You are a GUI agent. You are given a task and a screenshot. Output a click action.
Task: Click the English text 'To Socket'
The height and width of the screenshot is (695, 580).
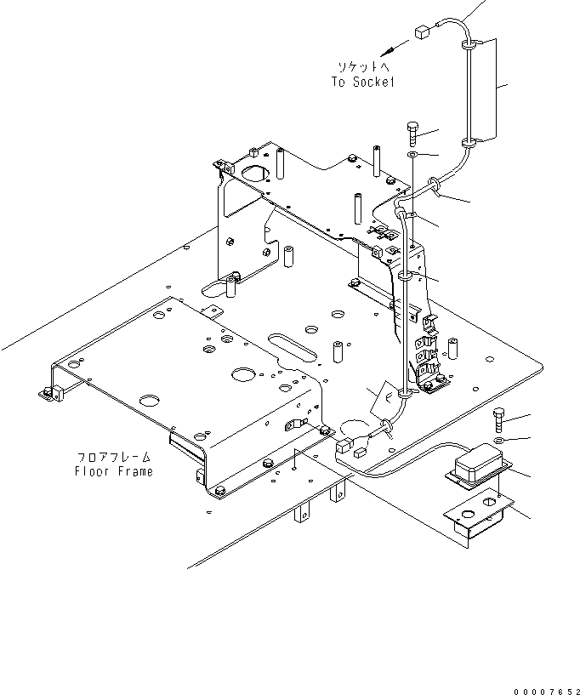click(x=363, y=82)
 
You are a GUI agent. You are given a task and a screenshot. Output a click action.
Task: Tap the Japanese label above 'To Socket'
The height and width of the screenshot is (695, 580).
click(x=363, y=66)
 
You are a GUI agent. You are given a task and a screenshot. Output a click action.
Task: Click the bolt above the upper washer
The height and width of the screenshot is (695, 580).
click(x=412, y=133)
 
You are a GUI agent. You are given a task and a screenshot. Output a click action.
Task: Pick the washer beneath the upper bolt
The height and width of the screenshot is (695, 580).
click(x=412, y=156)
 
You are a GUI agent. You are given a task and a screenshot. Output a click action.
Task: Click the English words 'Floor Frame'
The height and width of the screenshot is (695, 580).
click(x=113, y=471)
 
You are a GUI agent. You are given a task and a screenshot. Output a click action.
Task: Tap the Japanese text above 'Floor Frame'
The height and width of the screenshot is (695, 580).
click(x=113, y=457)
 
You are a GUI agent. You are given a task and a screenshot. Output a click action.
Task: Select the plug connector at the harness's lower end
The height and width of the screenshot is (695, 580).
click(x=345, y=444)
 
